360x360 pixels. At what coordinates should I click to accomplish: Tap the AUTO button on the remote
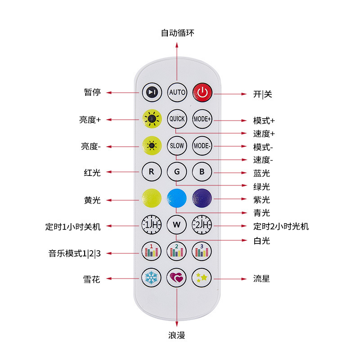coord(177,92)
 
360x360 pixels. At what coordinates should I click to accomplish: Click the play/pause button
coord(152,92)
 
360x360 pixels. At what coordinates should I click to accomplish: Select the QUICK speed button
coord(177,119)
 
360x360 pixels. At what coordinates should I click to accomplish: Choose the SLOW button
coord(177,146)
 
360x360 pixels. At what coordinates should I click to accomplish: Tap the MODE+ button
coord(202,119)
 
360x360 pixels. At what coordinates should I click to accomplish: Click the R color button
coord(152,171)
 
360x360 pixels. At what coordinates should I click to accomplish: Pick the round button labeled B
coord(202,171)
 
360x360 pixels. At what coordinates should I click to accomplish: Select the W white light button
coord(177,224)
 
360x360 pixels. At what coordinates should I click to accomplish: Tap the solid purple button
coord(202,198)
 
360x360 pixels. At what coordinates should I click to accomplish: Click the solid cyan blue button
coord(177,198)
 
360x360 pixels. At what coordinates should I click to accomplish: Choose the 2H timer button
coord(202,224)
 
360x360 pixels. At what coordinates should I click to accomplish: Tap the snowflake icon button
coord(152,277)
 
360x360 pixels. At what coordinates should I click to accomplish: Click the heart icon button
coord(177,277)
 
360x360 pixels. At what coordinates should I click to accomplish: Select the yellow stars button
coord(202,277)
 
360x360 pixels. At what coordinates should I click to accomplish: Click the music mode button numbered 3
coord(202,251)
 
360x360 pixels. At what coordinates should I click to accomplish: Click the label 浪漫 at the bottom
coord(176,336)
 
